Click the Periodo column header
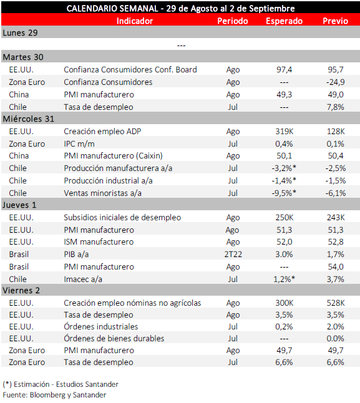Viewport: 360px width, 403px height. point(233,21)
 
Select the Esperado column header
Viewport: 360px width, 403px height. point(285,21)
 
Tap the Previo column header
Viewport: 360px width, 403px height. point(335,21)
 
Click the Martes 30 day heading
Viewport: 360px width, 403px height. point(23,57)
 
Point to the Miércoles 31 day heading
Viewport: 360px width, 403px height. point(29,119)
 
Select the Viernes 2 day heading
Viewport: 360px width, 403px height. point(21,291)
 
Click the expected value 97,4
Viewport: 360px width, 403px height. point(285,69)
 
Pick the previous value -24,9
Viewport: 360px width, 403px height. point(335,82)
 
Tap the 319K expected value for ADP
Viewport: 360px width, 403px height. point(285,132)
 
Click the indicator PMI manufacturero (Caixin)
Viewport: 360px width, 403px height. point(113,156)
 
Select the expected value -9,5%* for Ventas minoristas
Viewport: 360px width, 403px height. point(284,193)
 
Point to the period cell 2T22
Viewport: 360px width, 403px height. point(233,254)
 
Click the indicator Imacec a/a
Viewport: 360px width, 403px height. point(83,279)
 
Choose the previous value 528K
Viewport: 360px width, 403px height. point(336,303)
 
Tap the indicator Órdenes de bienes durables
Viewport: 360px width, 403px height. point(114,338)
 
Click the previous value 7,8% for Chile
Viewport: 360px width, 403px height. point(335,107)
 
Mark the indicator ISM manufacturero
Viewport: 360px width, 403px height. point(99,242)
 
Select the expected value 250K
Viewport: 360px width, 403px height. point(285,218)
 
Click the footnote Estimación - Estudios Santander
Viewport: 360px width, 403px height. point(66,384)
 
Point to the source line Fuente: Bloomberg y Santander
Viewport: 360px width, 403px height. point(54,395)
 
